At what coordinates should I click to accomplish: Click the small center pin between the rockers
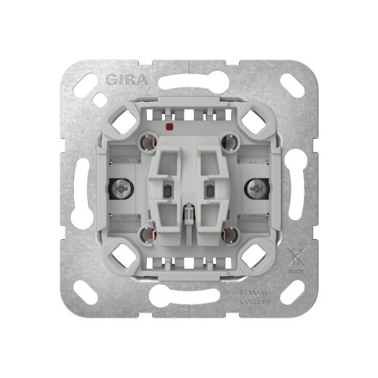pos(188,218)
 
